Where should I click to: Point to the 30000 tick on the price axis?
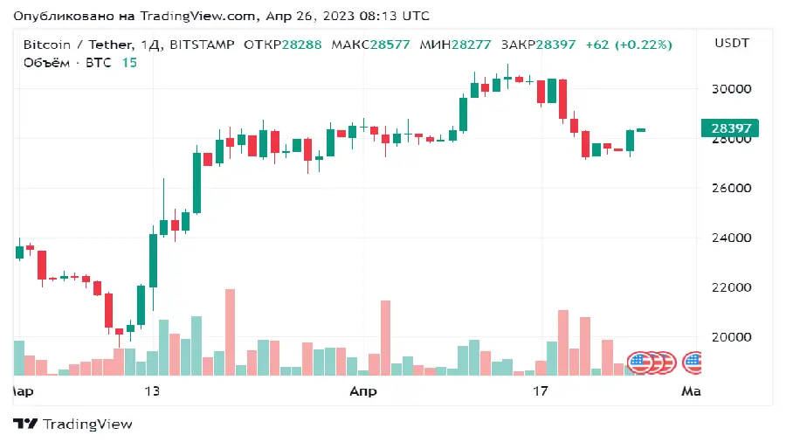[732, 89]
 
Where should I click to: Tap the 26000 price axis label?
[732, 189]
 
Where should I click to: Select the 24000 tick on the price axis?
[732, 238]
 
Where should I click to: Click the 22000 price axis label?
[732, 287]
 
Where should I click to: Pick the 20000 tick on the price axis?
[732, 337]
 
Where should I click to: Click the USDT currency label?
[732, 43]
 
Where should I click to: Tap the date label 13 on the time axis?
[153, 391]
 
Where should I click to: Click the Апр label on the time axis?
[362, 391]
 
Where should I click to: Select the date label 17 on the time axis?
[541, 391]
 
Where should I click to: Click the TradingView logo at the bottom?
[72, 424]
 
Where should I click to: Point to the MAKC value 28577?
[388, 44]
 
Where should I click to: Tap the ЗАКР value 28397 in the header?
[555, 44]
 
